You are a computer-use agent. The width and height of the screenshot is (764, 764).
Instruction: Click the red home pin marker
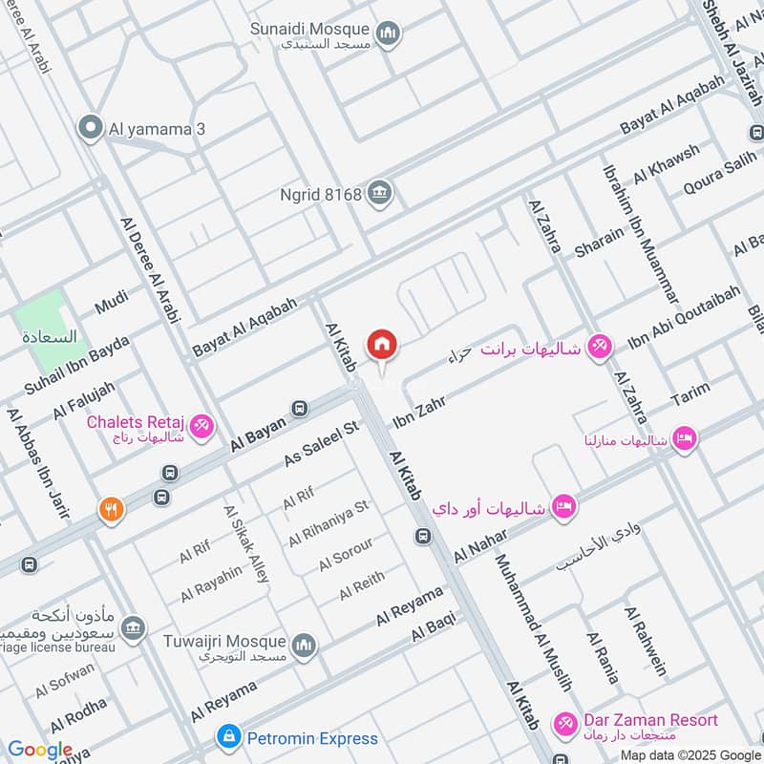(382, 344)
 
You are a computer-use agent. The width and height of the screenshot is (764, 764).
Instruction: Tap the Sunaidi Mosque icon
(388, 34)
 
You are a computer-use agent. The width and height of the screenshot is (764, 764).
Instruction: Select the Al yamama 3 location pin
(91, 128)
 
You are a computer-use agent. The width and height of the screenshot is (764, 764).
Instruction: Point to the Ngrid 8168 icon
(381, 194)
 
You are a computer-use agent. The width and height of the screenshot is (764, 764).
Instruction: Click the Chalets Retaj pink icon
(202, 426)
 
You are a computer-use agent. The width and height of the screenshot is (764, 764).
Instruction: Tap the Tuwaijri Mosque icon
(304, 646)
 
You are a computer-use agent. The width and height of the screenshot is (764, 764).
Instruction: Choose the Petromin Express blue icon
(228, 737)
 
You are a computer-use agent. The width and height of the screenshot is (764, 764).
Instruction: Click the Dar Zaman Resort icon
(566, 725)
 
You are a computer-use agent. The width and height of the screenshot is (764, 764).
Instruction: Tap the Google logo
(40, 750)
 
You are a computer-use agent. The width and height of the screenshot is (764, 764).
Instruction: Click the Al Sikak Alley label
(246, 544)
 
